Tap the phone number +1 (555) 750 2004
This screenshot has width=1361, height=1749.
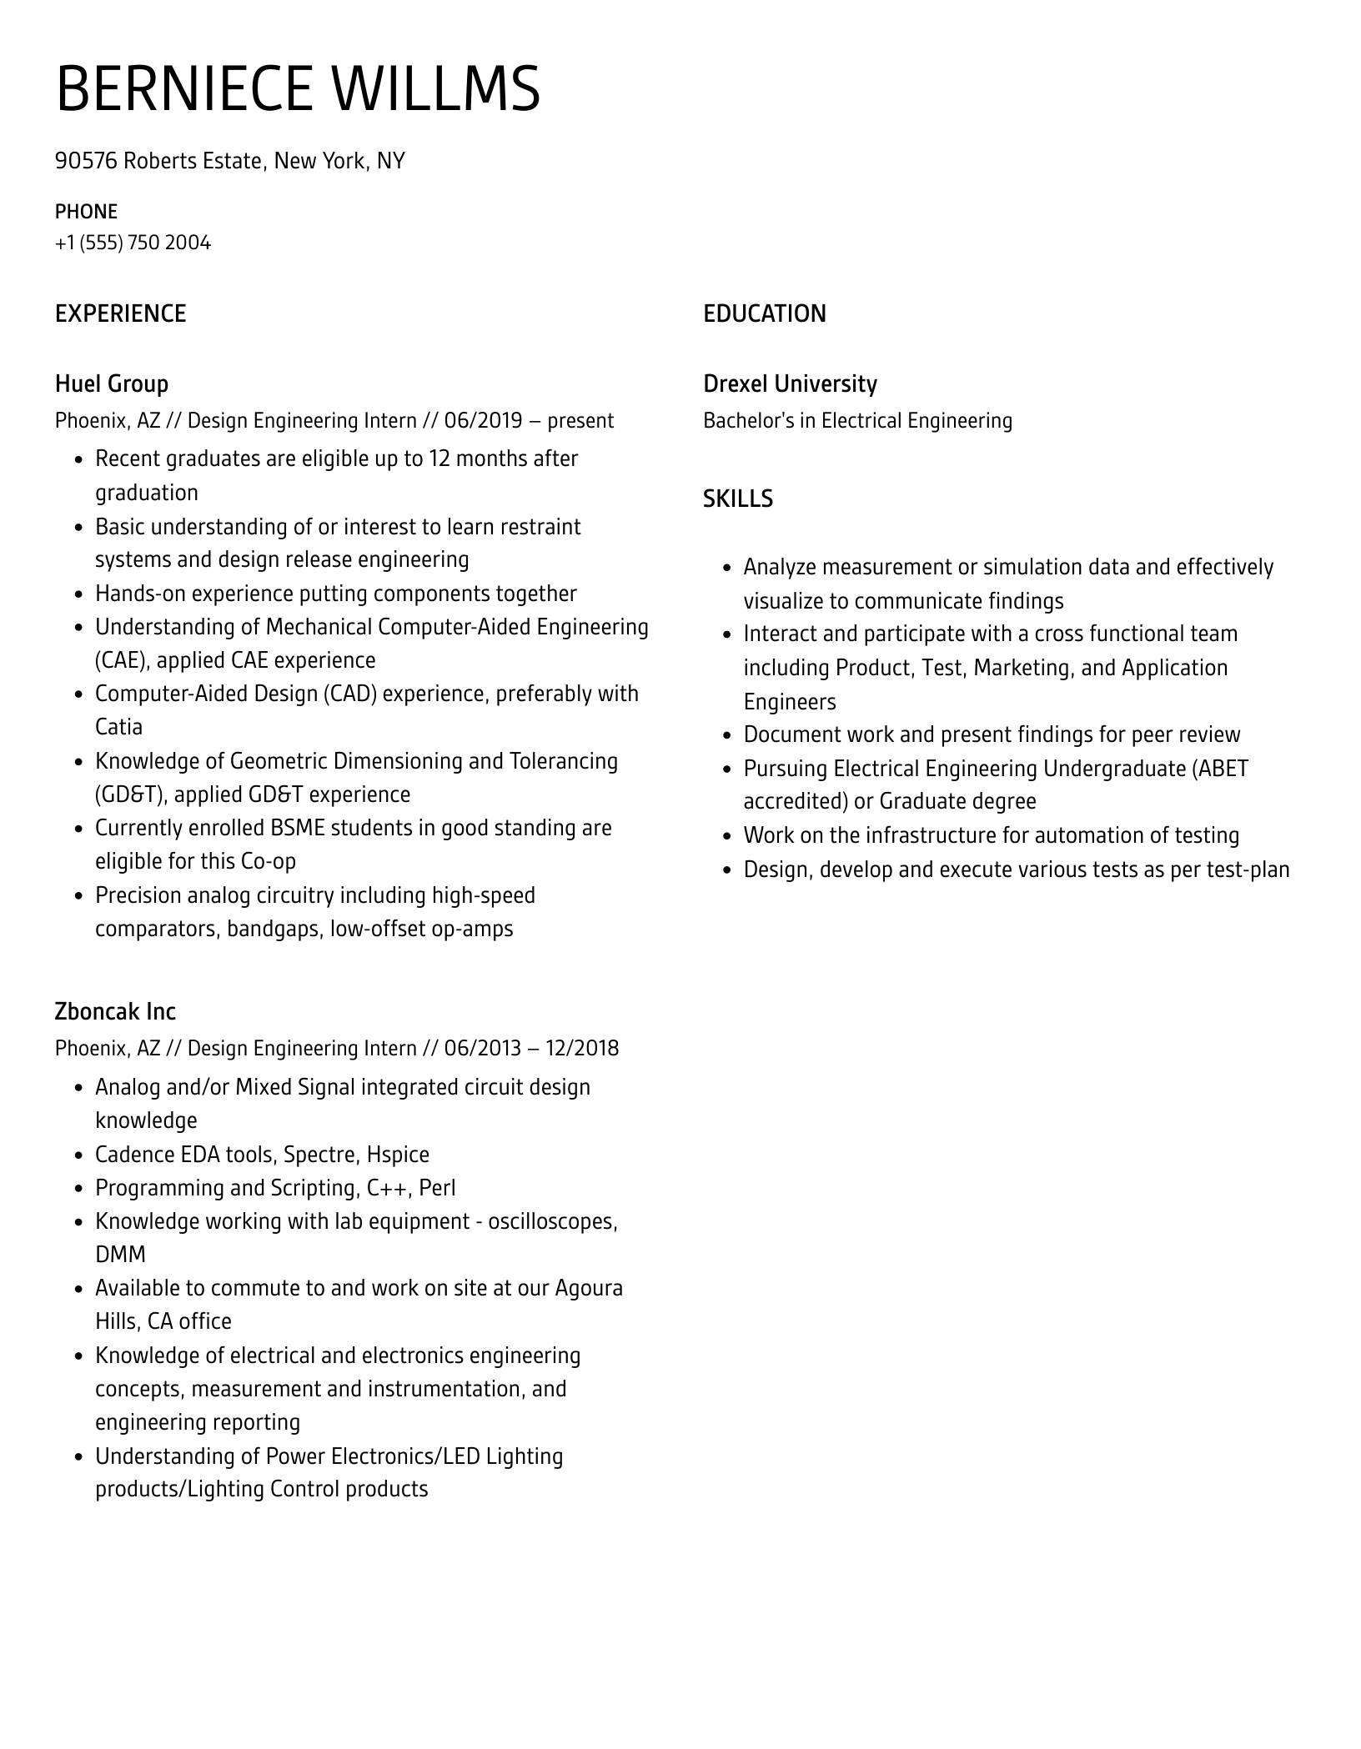(x=133, y=243)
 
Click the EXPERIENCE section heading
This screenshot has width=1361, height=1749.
(x=121, y=313)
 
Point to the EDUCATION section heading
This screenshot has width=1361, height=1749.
(x=765, y=313)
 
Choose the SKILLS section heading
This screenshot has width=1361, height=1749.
(x=738, y=499)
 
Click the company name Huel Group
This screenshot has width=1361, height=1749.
(x=112, y=383)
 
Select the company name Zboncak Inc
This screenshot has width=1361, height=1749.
(x=115, y=1011)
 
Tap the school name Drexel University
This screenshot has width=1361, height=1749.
(x=790, y=383)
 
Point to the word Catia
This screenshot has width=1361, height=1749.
(x=118, y=727)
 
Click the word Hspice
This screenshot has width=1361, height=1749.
(x=398, y=1155)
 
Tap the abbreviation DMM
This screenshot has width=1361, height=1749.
(x=120, y=1255)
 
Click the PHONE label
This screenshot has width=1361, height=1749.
(x=86, y=211)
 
